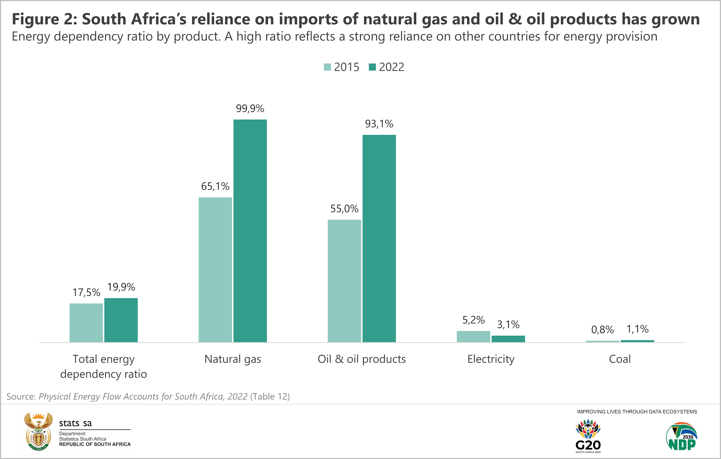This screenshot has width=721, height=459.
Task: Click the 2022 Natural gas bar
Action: click(x=250, y=231)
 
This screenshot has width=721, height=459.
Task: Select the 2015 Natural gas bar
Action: click(x=215, y=270)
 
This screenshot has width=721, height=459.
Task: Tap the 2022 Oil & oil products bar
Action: click(x=379, y=238)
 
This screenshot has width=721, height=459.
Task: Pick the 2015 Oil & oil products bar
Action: click(x=344, y=281)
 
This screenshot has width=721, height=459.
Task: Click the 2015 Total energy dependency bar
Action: click(x=86, y=322)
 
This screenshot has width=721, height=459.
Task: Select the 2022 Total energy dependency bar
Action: click(x=121, y=320)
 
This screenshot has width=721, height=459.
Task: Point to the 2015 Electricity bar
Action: click(x=473, y=336)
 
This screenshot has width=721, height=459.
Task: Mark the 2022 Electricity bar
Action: click(x=508, y=339)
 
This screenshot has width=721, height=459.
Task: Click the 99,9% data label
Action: click(x=250, y=108)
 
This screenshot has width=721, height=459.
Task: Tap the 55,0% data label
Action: click(x=344, y=209)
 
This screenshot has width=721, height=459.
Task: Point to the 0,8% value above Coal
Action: click(x=602, y=330)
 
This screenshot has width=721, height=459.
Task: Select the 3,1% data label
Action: click(x=508, y=325)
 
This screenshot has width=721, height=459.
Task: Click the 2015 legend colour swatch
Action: click(x=327, y=67)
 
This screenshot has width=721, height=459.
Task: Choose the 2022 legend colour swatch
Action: click(x=372, y=67)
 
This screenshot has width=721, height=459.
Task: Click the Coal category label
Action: click(x=620, y=359)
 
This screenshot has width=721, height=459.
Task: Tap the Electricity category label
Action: click(x=491, y=359)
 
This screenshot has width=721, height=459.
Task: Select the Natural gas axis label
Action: click(x=233, y=359)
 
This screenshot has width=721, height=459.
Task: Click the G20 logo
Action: click(x=588, y=436)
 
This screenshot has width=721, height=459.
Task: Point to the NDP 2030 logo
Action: click(x=682, y=436)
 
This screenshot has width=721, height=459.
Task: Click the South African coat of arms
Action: click(x=38, y=431)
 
